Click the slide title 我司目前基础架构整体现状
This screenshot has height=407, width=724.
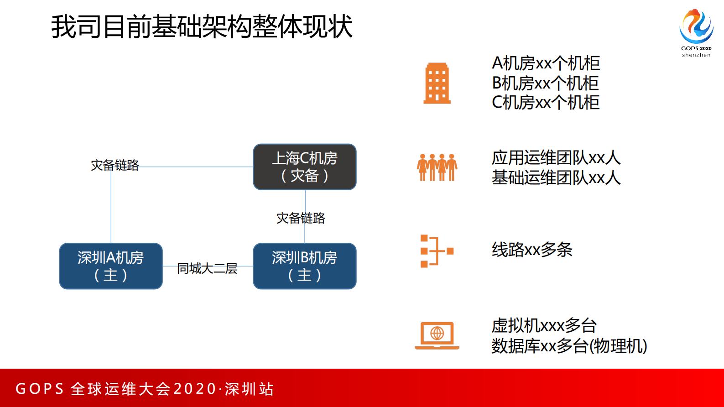click(202, 26)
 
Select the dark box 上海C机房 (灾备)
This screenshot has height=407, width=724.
click(304, 167)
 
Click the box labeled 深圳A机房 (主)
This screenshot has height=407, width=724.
click(111, 266)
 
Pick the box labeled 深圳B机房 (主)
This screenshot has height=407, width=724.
click(304, 266)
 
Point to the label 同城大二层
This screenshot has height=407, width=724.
click(207, 268)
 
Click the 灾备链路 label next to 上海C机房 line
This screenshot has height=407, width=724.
click(115, 165)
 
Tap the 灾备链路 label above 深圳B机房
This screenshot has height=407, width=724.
click(301, 218)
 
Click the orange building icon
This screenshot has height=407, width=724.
click(437, 83)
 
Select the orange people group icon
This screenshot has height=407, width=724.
click(437, 167)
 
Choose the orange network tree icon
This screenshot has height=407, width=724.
click(437, 250)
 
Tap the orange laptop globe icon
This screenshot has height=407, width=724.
click(437, 335)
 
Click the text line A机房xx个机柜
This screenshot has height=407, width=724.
click(546, 63)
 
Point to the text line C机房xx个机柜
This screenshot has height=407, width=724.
click(545, 103)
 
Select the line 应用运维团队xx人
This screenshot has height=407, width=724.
click(556, 158)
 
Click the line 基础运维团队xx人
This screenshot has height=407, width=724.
click(556, 177)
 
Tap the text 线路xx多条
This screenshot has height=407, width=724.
click(532, 250)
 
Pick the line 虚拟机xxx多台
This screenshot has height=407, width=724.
click(544, 326)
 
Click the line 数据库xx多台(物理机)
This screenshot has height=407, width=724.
click(569, 346)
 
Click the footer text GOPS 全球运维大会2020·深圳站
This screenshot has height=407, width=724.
click(145, 389)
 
